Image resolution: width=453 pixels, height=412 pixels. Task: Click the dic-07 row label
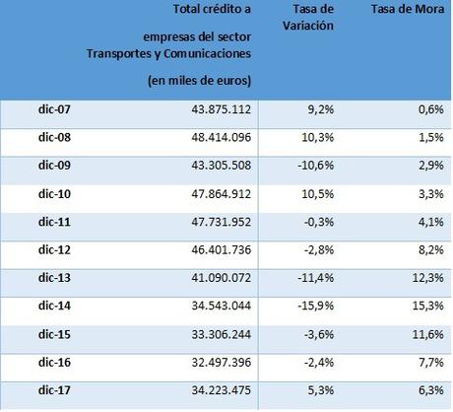coord(44,111)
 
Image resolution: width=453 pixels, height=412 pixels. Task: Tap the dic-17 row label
coord(44,391)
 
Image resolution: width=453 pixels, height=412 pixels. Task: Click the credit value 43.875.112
coord(213,111)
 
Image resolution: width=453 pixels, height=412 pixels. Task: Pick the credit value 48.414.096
coord(213,139)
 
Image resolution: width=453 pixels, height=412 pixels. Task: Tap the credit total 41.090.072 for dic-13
coord(213,279)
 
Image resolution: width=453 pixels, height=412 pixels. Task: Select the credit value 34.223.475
coord(213,391)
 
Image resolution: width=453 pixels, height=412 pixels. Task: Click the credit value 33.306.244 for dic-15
coord(213,335)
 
